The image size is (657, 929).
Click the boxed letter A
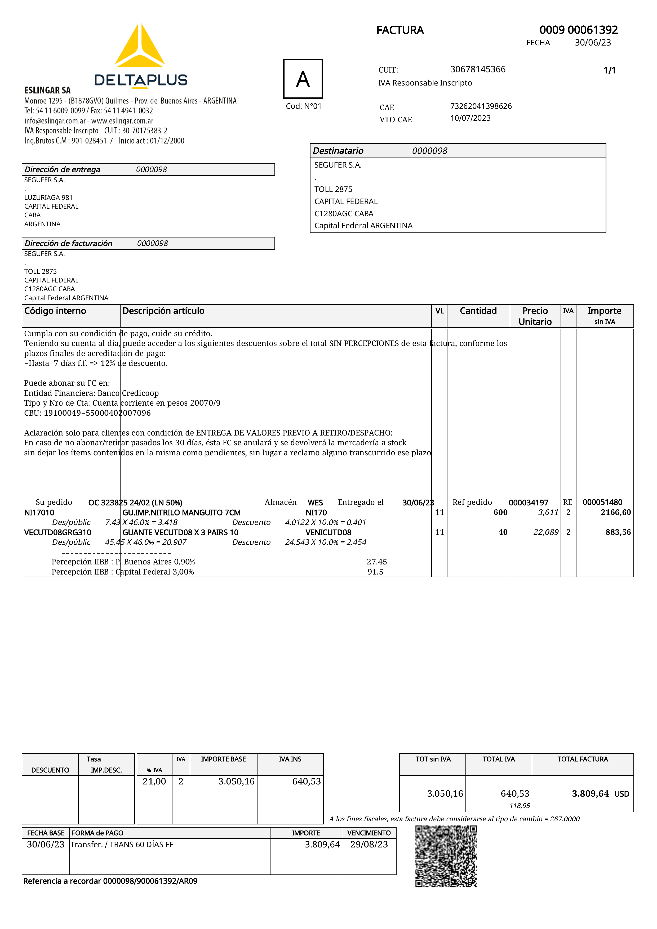(x=303, y=79)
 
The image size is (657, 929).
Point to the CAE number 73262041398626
(x=481, y=106)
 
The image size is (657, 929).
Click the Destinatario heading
(x=338, y=151)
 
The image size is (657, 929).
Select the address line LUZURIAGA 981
(x=48, y=198)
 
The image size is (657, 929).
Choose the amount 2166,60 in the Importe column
(x=615, y=512)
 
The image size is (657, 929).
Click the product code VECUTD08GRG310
(x=57, y=532)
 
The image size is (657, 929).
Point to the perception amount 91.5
(x=375, y=572)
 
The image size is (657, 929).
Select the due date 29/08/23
(x=369, y=845)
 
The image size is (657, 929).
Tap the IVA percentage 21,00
(x=154, y=781)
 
